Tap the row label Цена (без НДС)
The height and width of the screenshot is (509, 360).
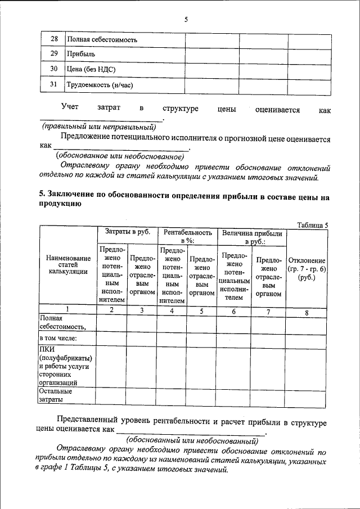tap(91, 70)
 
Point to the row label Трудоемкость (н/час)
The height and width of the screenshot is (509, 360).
tap(99, 85)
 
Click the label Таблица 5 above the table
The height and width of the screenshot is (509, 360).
tap(312, 225)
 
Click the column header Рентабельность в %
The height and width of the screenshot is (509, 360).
tap(187, 236)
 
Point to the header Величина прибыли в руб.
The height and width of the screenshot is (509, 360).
tap(251, 236)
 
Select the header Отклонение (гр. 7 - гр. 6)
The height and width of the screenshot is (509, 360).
tap(307, 269)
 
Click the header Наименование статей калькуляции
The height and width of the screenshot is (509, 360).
tap(67, 265)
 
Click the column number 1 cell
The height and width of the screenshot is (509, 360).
tap(67, 309)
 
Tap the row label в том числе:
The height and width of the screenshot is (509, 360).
tap(58, 338)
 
